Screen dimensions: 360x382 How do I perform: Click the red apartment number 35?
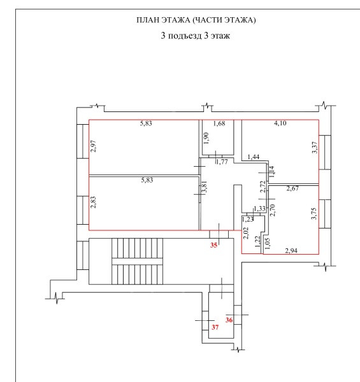[x=213, y=245]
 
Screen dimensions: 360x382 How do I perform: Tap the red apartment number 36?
[x=229, y=320]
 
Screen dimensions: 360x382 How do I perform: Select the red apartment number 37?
[x=215, y=327]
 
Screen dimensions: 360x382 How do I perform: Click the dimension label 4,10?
[x=280, y=124]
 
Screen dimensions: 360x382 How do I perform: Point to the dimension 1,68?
[x=219, y=124]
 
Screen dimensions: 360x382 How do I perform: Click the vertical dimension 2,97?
[x=94, y=146]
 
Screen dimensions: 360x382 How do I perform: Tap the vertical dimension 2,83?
[x=94, y=202]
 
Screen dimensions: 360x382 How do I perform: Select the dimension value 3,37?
[x=315, y=148]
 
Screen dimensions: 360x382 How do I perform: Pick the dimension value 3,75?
[x=314, y=214]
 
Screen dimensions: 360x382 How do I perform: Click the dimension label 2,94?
[x=291, y=251]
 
